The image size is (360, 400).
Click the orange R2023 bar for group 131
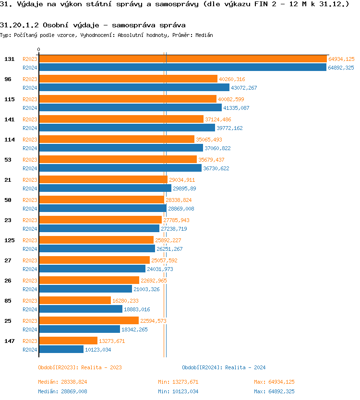point(182,59)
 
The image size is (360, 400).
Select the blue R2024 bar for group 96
point(134,88)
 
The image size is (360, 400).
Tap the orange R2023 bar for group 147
point(68,341)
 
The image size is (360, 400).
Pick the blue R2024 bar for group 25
point(79,329)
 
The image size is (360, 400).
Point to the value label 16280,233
point(125,301)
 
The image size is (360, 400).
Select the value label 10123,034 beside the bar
point(98,350)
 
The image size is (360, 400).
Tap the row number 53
point(8,160)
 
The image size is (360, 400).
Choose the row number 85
point(8,301)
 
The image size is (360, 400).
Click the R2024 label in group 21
point(30,188)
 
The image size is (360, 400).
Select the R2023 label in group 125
point(30,240)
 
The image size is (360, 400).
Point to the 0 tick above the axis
point(39,49)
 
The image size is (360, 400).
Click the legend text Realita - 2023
point(101,367)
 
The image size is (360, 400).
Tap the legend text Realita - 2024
point(245,367)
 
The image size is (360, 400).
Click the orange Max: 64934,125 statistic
point(274,382)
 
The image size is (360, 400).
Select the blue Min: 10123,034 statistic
point(178,391)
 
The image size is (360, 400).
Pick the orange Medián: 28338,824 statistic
point(62,382)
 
